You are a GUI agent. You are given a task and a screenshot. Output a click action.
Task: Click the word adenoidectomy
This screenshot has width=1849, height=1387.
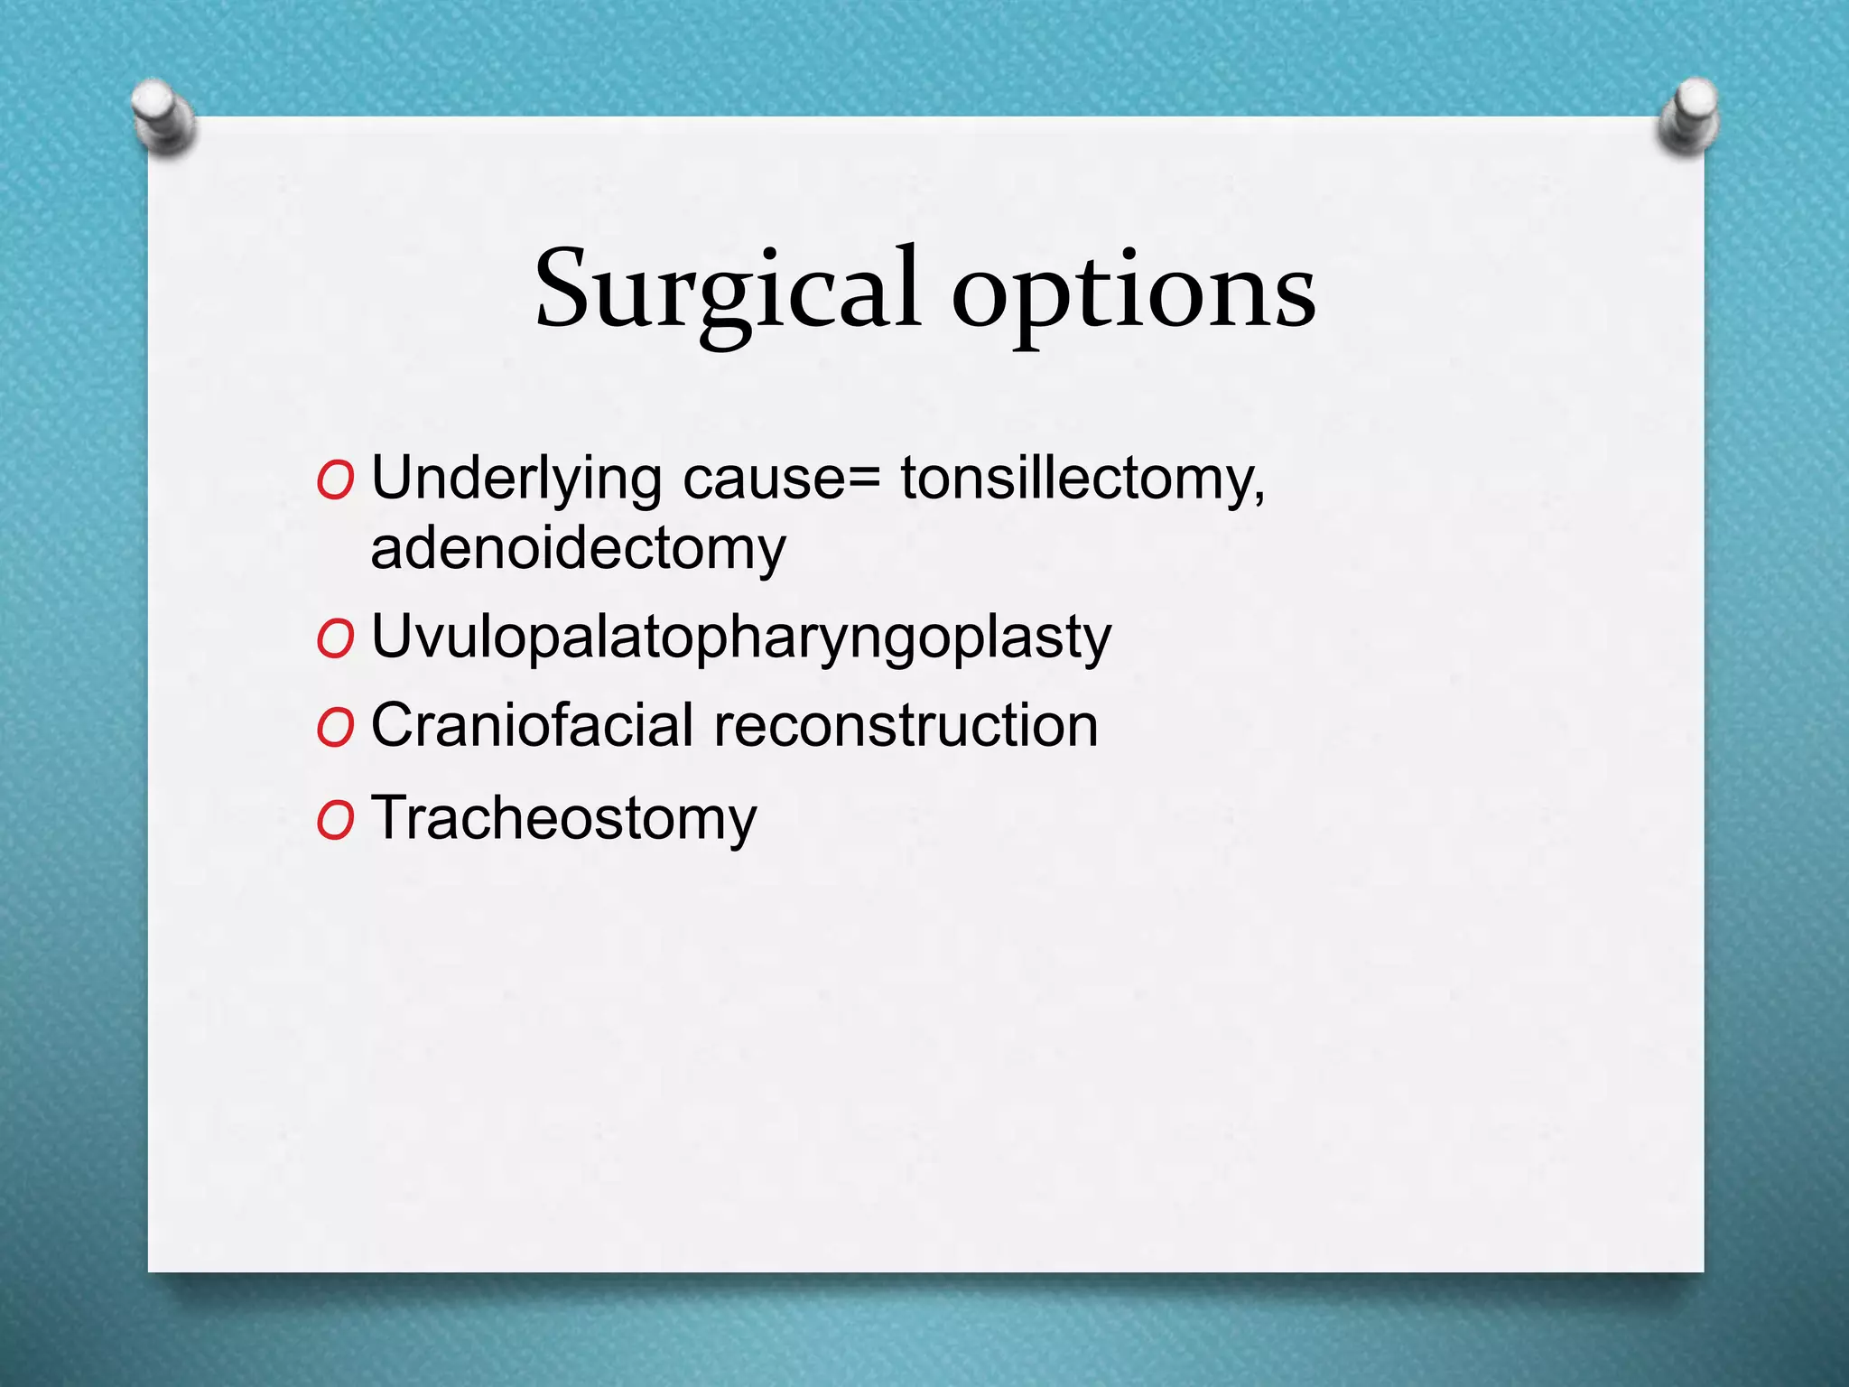click(578, 548)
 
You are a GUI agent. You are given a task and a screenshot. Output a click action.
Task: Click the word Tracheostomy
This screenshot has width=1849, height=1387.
click(563, 818)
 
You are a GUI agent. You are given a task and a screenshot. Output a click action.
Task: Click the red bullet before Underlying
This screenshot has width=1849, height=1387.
click(335, 482)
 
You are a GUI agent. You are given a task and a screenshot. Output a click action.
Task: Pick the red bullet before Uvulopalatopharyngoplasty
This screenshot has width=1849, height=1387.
click(335, 640)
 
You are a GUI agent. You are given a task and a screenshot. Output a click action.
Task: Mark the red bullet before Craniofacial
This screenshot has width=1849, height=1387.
click(335, 728)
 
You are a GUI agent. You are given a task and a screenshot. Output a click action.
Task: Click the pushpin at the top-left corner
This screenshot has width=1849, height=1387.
click(163, 116)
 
